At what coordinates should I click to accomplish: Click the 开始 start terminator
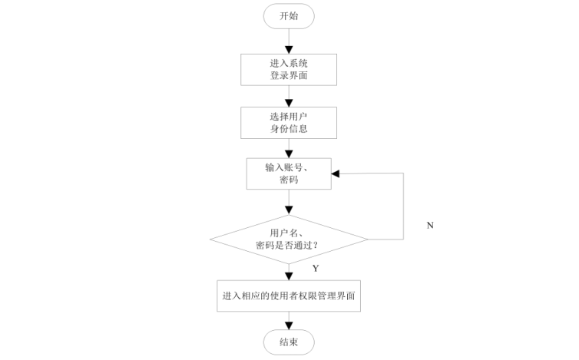289,16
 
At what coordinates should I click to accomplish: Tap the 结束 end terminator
289,342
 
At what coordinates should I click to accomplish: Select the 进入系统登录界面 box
289,69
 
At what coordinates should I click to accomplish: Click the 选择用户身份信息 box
289,123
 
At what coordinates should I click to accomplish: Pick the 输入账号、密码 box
289,174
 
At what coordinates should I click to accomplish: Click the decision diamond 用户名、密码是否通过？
289,238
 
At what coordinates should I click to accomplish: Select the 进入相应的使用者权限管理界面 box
289,295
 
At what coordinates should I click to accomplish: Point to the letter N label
430,225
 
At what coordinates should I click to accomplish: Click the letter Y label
316,269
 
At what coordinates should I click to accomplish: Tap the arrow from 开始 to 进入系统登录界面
289,41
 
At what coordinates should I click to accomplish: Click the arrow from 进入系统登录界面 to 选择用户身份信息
289,95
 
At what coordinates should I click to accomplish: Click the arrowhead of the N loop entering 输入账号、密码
336,174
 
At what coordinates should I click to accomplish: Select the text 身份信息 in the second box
289,129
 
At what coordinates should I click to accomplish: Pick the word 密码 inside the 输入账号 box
289,180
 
